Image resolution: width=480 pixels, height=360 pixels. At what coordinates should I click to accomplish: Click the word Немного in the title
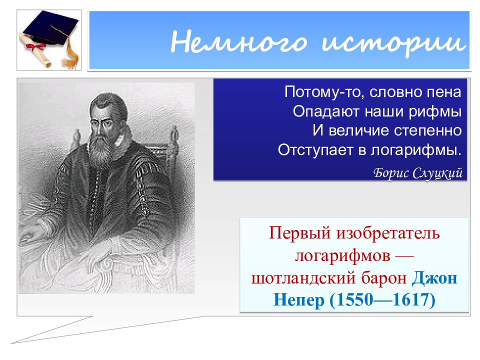238,41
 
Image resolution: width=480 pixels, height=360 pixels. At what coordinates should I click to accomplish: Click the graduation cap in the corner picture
50,28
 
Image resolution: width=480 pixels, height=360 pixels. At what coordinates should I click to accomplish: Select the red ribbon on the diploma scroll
35,47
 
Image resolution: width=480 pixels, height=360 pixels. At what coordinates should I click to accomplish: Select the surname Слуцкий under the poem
437,173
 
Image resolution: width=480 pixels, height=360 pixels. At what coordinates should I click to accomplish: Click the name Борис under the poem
391,173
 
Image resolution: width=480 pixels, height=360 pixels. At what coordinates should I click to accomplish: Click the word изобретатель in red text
388,233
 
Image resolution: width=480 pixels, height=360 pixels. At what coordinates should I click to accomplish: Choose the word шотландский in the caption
304,278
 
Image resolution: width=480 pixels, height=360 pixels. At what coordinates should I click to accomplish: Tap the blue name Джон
434,278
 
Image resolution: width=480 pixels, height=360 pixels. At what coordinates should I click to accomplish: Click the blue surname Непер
299,300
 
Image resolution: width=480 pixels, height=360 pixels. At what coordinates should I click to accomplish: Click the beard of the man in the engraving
101,150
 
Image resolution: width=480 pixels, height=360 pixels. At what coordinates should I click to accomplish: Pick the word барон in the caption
384,278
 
